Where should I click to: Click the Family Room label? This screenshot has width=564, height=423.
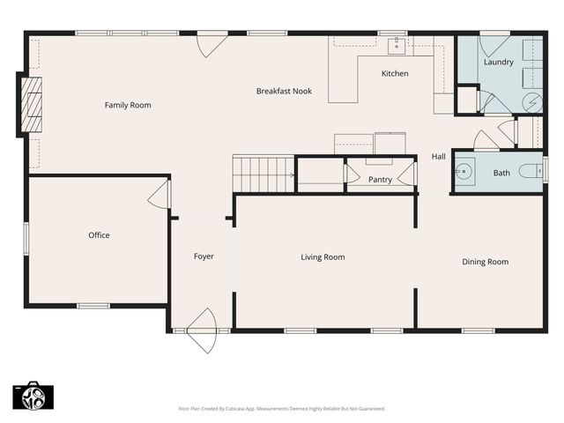[128, 105]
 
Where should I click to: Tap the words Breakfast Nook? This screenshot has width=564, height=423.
[284, 91]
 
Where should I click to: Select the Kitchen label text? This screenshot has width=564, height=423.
[395, 73]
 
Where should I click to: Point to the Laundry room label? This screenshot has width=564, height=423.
[499, 62]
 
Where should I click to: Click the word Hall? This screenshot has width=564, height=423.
[438, 156]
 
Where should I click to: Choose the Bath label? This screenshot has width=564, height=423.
[501, 173]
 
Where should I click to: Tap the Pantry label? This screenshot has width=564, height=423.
[380, 180]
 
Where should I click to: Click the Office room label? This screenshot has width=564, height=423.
[99, 235]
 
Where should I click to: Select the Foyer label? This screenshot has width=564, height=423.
[204, 256]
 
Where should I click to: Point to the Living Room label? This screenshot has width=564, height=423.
[323, 257]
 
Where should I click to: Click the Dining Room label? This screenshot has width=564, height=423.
[486, 262]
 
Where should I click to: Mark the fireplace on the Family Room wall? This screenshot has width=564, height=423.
[31, 104]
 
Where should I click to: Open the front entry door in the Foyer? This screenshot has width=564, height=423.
[203, 330]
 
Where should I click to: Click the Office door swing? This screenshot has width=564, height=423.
[160, 194]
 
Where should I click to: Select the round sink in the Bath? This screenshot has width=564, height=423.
[464, 171]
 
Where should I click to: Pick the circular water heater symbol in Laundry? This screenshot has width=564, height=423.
[532, 102]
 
